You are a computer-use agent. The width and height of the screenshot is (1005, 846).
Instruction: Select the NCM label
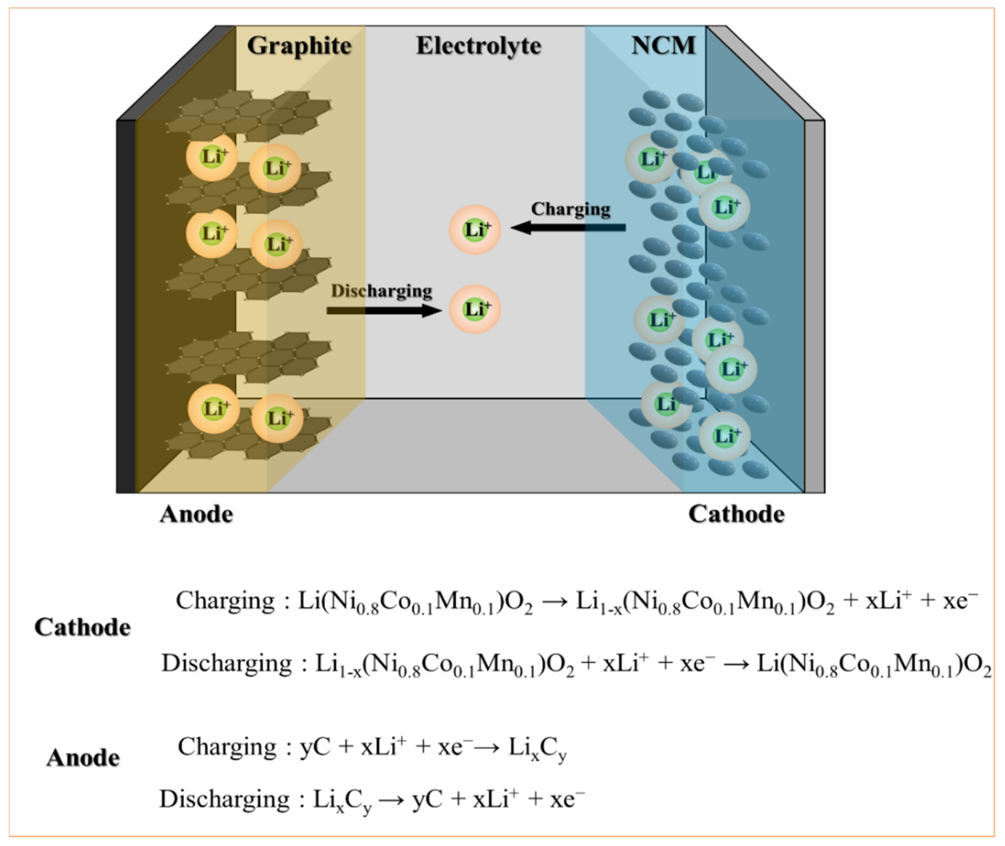(663, 46)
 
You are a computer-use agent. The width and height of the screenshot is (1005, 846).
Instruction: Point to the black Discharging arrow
(384, 311)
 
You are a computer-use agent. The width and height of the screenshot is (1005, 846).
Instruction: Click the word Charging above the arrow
(570, 209)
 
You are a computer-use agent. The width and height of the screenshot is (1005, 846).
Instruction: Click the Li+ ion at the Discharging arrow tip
(475, 309)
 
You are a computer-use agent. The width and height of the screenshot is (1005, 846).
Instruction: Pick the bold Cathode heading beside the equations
(82, 628)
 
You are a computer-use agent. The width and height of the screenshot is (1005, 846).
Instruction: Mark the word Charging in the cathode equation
(225, 600)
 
